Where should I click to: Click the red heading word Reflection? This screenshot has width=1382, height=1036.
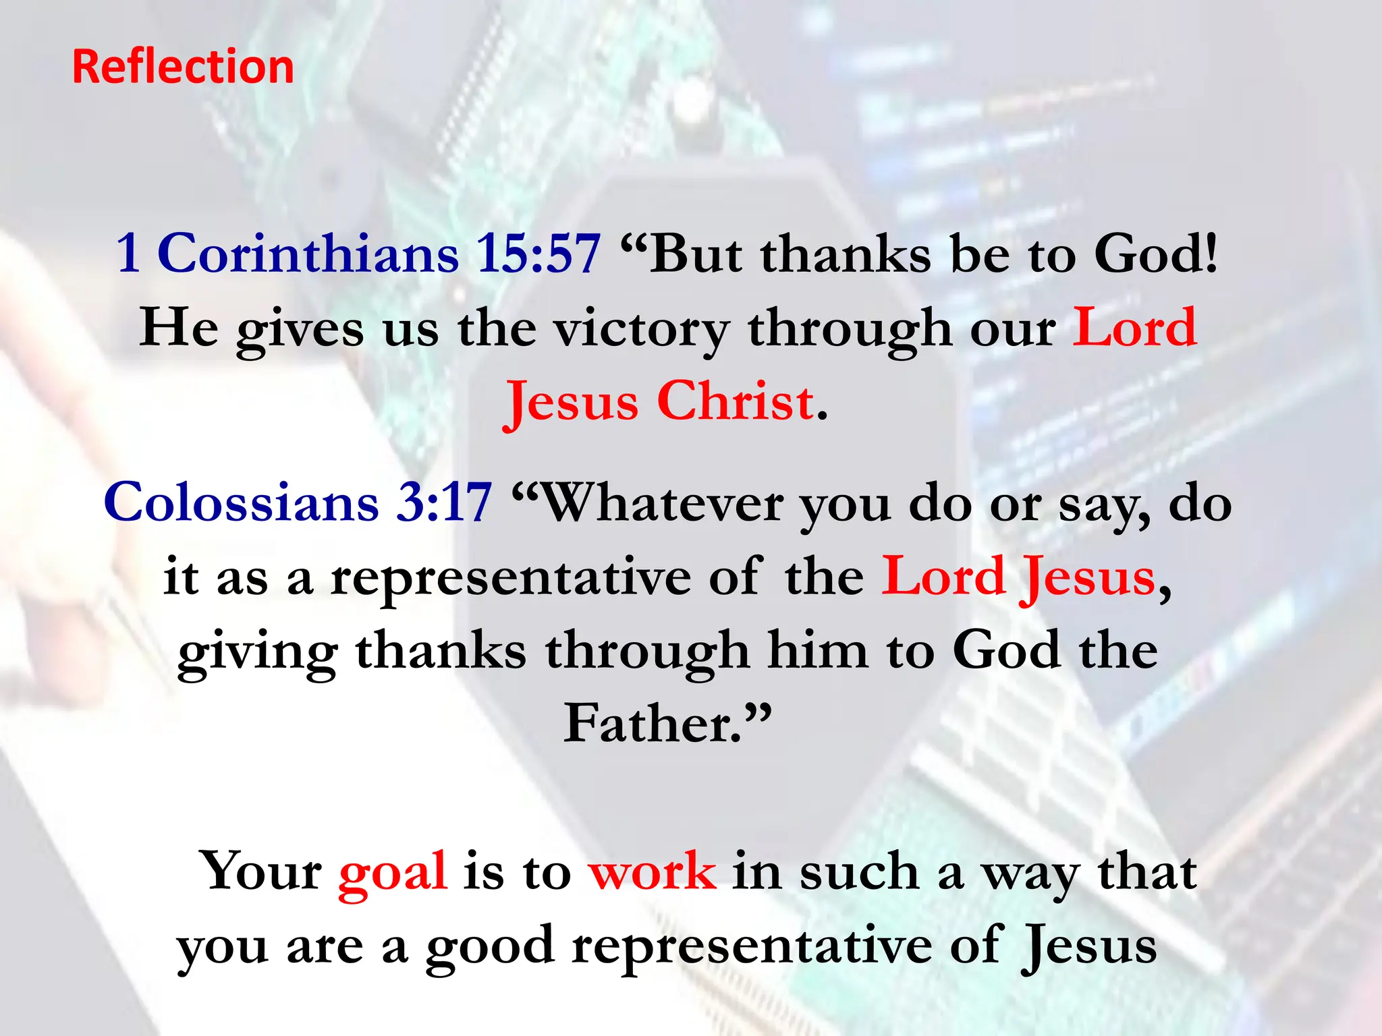[183, 67]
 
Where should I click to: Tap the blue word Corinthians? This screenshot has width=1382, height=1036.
[308, 254]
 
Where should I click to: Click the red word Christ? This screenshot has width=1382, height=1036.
[735, 401]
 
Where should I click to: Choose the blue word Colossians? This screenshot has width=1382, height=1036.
[241, 502]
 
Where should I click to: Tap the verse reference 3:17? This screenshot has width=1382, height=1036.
[443, 502]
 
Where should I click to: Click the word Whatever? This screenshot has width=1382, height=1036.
[663, 504]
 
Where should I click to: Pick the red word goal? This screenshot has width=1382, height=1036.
[393, 872]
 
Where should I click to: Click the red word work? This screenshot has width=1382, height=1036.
[652, 871]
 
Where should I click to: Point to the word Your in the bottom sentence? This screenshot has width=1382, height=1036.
[260, 871]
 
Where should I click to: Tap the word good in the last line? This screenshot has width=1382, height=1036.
[490, 947]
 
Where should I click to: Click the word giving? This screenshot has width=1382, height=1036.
[258, 652]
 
